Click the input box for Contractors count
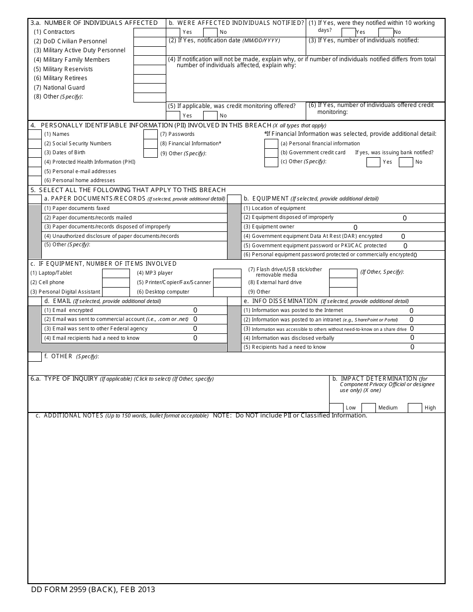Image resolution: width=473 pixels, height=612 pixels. tap(149, 32)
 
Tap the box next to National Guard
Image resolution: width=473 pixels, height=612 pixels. tap(149, 88)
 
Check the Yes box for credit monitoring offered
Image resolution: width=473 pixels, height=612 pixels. tap(173, 115)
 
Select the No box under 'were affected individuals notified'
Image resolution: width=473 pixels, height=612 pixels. tap(210, 32)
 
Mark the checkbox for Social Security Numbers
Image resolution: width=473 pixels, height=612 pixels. tap(34, 144)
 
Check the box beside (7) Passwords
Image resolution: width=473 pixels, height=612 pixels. tap(150, 134)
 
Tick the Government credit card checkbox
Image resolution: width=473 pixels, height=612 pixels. tap(271, 153)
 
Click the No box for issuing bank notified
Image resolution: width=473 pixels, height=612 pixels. tap(406, 162)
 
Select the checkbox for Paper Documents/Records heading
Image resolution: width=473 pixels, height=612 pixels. tap(34, 199)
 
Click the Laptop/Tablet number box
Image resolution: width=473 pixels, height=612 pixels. tap(116, 273)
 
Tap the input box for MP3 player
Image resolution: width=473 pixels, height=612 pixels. tap(227, 273)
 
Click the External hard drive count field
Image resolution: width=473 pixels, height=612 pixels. tap(343, 283)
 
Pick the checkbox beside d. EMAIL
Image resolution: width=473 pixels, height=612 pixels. tap(34, 301)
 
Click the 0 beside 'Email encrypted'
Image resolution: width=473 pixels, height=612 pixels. tap(195, 310)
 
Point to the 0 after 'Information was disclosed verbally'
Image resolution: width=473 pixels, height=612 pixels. tap(412, 338)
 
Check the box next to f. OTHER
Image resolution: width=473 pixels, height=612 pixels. tap(34, 357)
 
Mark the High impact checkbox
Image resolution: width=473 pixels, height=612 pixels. tap(415, 408)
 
